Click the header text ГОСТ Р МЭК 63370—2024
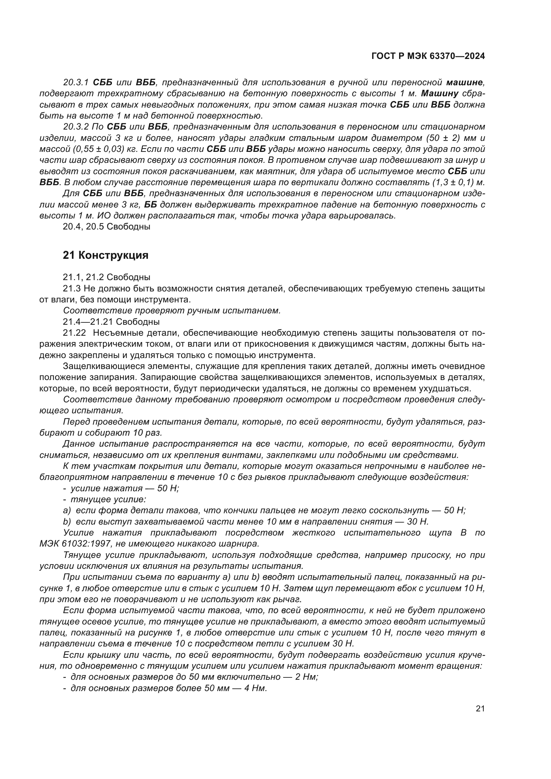pos(428,56)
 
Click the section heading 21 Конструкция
pos(106,255)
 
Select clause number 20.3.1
pos(76,83)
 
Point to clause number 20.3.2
pos(76,127)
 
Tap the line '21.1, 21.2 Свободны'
pos(106,277)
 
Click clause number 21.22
pos(74,333)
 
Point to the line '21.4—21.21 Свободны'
pos(111,321)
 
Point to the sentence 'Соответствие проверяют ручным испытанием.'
pos(172,310)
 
